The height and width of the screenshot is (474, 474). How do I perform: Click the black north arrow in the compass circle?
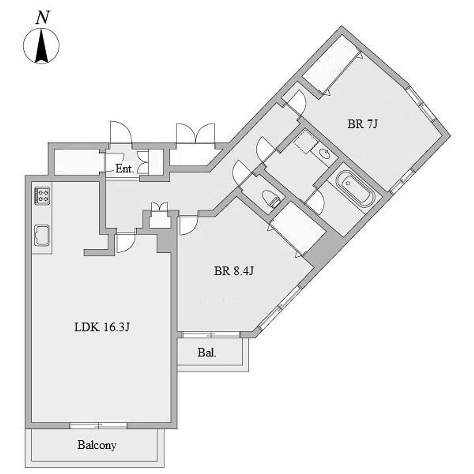point(41,45)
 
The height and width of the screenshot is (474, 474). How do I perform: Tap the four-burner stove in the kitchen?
point(42,195)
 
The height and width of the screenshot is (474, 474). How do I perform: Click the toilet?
point(272,198)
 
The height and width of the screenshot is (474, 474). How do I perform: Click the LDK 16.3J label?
point(102,327)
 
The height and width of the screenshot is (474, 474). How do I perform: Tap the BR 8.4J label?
point(234,271)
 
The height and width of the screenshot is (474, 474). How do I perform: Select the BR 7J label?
point(362,124)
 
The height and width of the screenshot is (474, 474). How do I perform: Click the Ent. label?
point(125,168)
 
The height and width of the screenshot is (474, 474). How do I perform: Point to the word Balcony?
point(97,445)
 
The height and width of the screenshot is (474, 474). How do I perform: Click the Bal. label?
point(207,352)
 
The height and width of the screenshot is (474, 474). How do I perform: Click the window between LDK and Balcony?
point(99,426)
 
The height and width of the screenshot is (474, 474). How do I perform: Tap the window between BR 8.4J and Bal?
point(211,335)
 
